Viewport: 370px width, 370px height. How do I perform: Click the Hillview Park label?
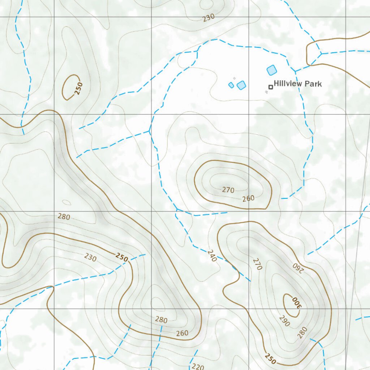click(x=297, y=84)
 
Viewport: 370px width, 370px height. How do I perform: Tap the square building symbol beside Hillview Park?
click(x=270, y=87)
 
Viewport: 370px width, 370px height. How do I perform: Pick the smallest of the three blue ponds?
click(x=231, y=85)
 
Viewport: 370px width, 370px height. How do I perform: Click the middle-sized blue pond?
click(x=241, y=85)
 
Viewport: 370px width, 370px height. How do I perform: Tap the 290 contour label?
click(x=284, y=320)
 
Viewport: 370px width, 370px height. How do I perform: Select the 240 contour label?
click(x=212, y=256)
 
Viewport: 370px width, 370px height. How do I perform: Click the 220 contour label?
click(x=198, y=366)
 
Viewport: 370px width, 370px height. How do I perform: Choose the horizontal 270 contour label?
click(x=228, y=190)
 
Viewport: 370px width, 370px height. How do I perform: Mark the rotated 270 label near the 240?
click(x=257, y=264)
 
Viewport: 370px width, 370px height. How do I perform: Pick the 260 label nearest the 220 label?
click(x=182, y=333)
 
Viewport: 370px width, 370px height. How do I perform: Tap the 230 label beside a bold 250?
click(x=90, y=257)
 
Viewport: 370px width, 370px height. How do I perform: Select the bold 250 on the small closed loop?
click(x=79, y=88)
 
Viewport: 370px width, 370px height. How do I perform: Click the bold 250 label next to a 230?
click(x=122, y=258)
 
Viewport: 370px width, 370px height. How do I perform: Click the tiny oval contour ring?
click(x=66, y=202)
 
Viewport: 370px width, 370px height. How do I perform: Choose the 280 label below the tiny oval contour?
click(x=64, y=217)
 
